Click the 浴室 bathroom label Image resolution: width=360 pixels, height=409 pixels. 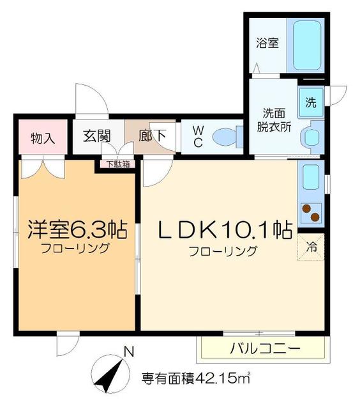point(267,44)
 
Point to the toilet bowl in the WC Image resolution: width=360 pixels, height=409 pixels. point(225,136)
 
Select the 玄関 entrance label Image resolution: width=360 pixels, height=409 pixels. point(97,136)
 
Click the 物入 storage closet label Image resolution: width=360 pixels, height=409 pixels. point(43,137)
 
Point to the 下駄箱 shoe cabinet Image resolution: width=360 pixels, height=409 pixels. point(116,164)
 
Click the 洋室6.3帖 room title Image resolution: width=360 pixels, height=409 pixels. point(76,229)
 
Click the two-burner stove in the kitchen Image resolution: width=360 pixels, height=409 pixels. point(311,212)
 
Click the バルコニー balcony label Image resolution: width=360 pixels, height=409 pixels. point(264,349)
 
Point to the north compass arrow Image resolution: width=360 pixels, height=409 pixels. point(108,374)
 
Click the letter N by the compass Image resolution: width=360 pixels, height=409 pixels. point(128,351)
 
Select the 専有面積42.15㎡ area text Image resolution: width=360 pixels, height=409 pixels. point(195,378)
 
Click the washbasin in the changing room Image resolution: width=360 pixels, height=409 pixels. point(312,137)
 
